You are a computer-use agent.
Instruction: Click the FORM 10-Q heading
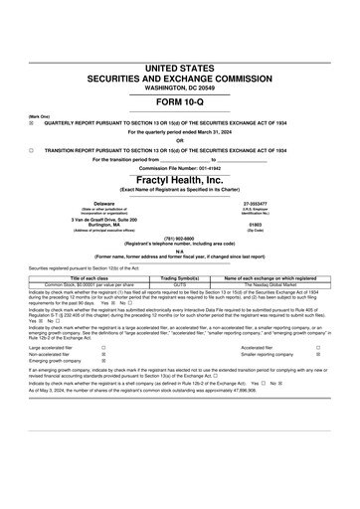(180, 103)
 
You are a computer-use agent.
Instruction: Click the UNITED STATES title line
(180, 68)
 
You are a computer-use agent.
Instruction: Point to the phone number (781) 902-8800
(180, 238)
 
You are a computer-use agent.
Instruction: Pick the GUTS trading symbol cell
(180, 256)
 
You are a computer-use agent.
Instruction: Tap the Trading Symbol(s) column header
(180, 251)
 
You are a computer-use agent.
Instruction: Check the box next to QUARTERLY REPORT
(32, 122)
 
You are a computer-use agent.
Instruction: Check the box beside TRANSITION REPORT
(32, 149)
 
